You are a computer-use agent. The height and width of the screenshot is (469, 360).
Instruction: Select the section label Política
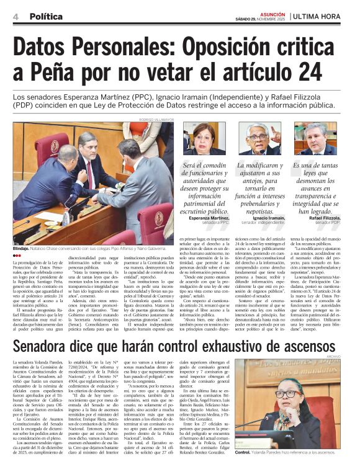pyautogui.click(x=45, y=17)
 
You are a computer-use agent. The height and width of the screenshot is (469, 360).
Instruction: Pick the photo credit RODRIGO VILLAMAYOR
pyautogui.click(x=156, y=118)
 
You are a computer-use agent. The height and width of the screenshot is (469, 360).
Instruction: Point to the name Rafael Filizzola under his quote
pyautogui.click(x=325, y=218)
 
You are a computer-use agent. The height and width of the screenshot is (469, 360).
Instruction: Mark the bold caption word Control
pyautogui.click(x=243, y=452)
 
